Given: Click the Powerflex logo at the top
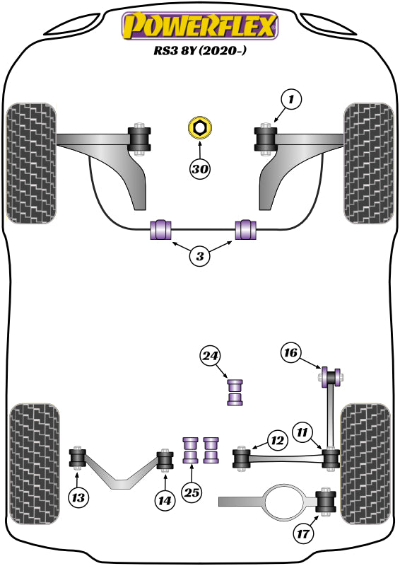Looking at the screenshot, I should pos(200,27).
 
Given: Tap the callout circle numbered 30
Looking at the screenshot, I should pos(200,169).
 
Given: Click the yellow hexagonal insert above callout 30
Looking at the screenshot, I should pos(200,129).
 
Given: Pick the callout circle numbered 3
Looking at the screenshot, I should pos(200,257).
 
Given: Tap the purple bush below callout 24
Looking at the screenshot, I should pos(235,393).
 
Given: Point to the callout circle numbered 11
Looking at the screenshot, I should pos(302,432).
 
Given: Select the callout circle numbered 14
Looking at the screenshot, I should pos(165,499).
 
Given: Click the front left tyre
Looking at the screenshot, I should pos(30,163).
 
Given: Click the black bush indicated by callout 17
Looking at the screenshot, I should pos(327,502).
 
